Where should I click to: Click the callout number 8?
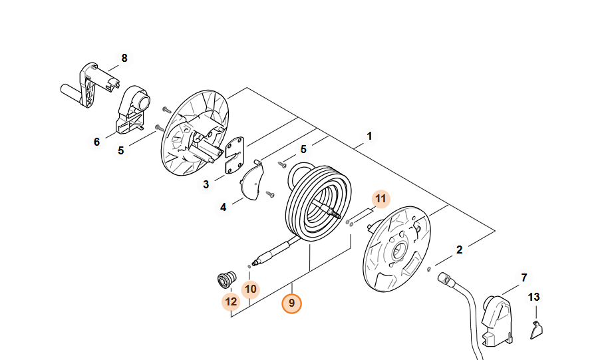(124, 59)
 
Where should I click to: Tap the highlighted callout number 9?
(291, 303)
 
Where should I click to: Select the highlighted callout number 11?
(380, 198)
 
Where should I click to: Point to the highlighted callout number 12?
(231, 301)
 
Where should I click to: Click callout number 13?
(534, 297)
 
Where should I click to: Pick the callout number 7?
(524, 277)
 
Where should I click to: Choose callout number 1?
(369, 136)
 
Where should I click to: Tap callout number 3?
(206, 184)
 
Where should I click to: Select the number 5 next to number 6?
(120, 150)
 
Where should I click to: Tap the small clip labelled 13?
(537, 329)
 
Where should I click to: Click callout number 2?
(459, 250)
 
